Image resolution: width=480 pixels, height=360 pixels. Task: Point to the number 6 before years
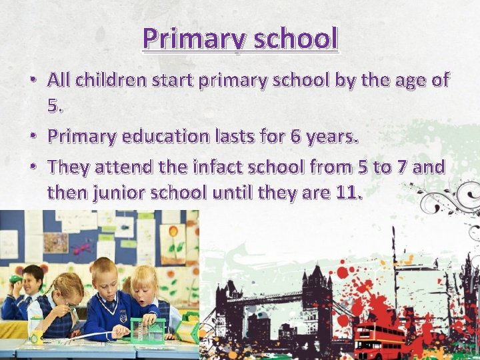coord(295,137)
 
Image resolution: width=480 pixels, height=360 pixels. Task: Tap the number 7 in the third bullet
coord(401,167)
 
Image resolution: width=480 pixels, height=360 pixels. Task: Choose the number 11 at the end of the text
coord(349,193)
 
